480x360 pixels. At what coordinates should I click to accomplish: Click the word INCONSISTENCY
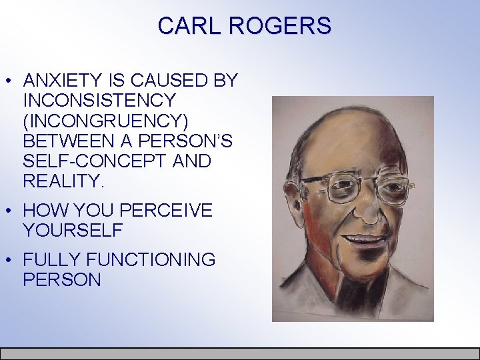[99, 101]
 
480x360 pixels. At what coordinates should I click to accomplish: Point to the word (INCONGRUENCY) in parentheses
[105, 121]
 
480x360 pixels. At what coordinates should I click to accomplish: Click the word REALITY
[64, 181]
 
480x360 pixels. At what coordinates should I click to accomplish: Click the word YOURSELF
[73, 231]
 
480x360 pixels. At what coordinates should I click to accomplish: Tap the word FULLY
[52, 260]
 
